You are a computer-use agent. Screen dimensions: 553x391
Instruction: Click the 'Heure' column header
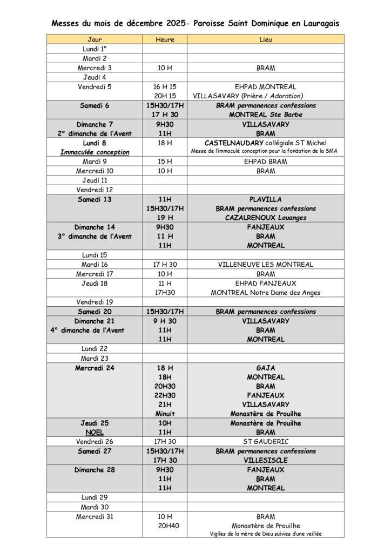tap(165, 39)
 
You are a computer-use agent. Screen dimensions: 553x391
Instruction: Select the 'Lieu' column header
tap(265, 39)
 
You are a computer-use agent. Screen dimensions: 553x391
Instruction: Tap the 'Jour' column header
tap(95, 39)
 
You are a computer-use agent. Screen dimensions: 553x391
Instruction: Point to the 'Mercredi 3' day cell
tap(95, 68)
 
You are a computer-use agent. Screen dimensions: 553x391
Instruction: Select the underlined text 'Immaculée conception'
tap(95, 152)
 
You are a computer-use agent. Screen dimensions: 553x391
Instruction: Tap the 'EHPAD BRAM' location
tap(265, 161)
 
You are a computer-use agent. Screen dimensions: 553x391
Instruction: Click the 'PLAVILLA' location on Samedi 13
tap(265, 199)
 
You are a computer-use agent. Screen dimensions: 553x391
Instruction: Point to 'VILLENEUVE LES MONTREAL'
tap(265, 265)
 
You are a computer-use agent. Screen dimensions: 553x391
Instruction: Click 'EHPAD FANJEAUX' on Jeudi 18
tap(265, 283)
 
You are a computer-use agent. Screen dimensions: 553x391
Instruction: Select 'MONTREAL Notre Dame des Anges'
tap(265, 292)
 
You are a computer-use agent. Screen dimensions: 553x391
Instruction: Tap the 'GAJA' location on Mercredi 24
tap(265, 368)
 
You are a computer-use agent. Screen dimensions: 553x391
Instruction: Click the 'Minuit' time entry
tap(165, 414)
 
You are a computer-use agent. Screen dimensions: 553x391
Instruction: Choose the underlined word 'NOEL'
tap(95, 433)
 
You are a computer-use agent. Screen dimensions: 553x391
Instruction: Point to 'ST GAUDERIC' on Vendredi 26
tap(265, 442)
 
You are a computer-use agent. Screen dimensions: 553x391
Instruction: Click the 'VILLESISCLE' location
tap(265, 460)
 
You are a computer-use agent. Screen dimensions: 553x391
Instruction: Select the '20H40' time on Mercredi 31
tap(165, 525)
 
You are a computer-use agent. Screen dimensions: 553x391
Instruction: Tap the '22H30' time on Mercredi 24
tap(165, 395)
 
